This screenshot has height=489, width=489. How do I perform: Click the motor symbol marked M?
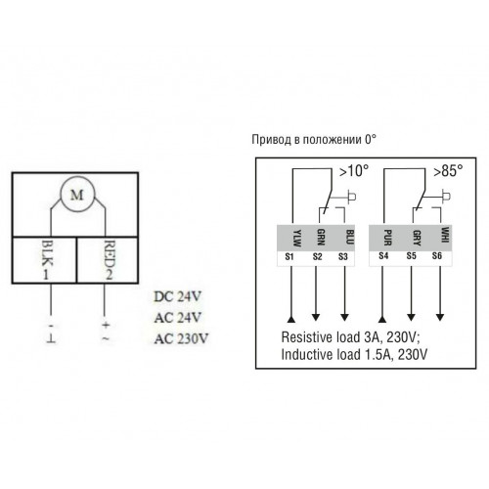coord(77,195)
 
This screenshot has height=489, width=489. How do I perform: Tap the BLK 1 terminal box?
coord(44,260)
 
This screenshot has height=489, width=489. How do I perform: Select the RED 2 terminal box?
coord(108,260)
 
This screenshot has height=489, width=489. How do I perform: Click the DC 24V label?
coord(178,296)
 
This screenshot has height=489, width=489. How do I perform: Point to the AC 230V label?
coord(181,338)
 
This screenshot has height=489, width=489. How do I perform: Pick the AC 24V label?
coord(178,318)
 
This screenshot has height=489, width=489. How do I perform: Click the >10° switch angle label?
coord(354,171)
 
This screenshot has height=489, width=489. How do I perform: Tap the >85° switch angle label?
coord(448,171)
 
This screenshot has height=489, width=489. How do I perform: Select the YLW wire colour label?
coord(297,238)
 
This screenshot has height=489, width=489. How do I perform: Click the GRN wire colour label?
coord(321,237)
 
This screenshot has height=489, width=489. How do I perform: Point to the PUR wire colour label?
coord(388,238)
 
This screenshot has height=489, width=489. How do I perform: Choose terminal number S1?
coord(289,256)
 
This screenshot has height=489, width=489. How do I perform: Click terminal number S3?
coord(343,256)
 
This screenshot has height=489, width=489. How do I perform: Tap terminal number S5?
coord(412,256)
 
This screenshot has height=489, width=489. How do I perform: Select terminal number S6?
coord(437,256)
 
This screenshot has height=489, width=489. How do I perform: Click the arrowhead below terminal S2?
coord(316,317)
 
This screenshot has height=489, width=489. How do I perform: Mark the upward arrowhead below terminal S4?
coord(382,319)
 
